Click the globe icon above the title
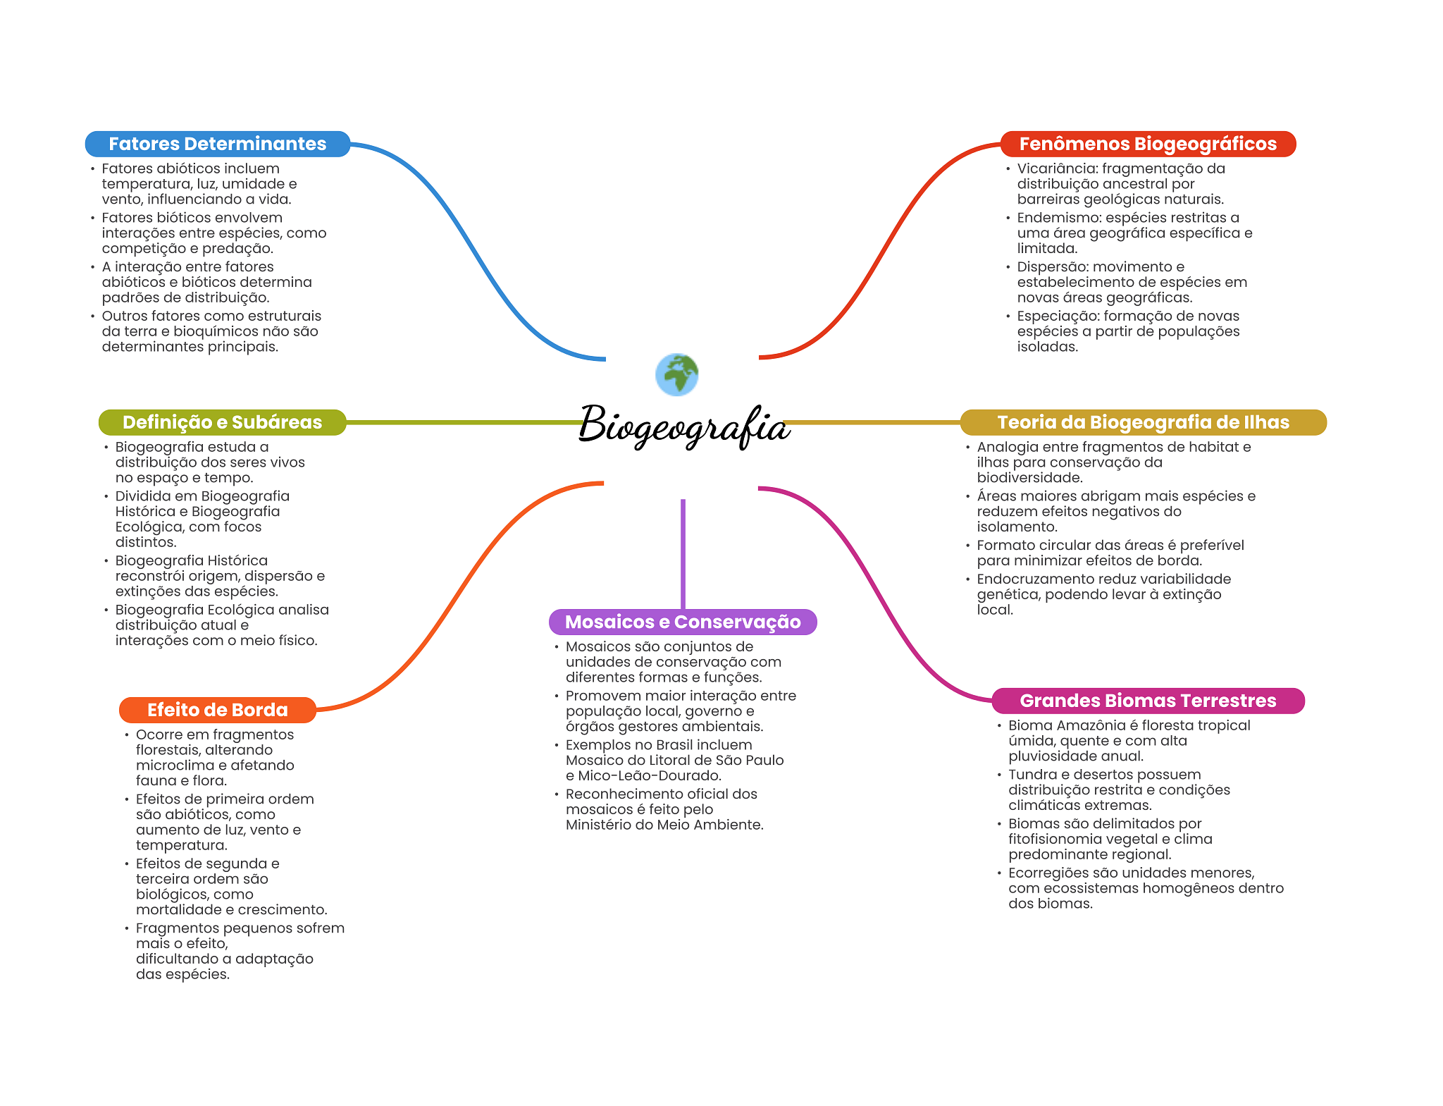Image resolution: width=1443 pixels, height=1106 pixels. click(676, 374)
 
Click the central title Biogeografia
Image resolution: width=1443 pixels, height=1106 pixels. click(683, 425)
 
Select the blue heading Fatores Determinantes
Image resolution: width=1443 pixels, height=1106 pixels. click(217, 144)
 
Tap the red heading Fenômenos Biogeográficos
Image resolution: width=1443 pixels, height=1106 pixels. click(1147, 144)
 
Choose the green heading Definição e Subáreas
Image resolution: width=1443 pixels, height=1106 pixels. click(222, 422)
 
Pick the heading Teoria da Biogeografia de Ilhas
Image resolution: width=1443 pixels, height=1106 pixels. click(1143, 422)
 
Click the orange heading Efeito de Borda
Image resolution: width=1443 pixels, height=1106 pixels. click(217, 710)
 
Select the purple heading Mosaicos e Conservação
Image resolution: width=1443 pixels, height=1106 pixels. click(682, 622)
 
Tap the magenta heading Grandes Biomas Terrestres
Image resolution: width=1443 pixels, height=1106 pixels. click(1147, 701)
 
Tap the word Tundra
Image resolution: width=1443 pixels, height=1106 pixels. click(1030, 775)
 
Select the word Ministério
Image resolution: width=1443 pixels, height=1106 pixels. click(600, 825)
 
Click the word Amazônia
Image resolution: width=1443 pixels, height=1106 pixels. click(1094, 725)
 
